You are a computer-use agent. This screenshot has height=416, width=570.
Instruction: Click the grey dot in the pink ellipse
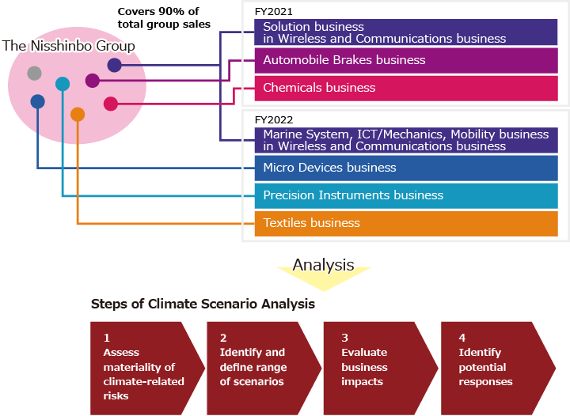[x=34, y=74]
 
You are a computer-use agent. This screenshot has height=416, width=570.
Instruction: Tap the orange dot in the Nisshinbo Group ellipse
[x=78, y=115]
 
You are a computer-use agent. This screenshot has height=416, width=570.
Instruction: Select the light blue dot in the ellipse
[x=63, y=83]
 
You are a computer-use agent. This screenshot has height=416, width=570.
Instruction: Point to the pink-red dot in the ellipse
[x=111, y=104]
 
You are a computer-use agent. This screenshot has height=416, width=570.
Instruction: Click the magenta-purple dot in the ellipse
[x=93, y=80]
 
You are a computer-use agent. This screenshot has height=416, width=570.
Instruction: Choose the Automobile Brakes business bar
[x=405, y=60]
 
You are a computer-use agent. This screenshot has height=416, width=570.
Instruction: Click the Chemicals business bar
[x=405, y=88]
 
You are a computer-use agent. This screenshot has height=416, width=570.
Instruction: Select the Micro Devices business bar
[x=405, y=168]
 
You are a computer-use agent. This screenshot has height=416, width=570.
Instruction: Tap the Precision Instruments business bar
[x=405, y=195]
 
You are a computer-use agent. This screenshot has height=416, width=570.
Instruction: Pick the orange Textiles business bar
[x=405, y=223]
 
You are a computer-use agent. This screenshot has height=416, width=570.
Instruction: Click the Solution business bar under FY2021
[x=405, y=32]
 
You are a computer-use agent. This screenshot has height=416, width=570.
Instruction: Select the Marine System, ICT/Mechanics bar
[x=405, y=140]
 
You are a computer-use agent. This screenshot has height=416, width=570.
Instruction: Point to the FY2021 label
[x=273, y=13]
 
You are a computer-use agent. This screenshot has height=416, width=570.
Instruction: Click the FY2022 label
[x=273, y=119]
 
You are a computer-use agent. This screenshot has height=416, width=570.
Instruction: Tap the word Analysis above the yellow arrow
[x=323, y=265]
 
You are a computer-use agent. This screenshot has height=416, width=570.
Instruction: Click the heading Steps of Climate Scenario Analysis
[x=203, y=304]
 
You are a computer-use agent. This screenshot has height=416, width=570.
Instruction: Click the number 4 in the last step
[x=462, y=338]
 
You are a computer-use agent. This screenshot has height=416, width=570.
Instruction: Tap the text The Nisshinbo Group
[x=69, y=46]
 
